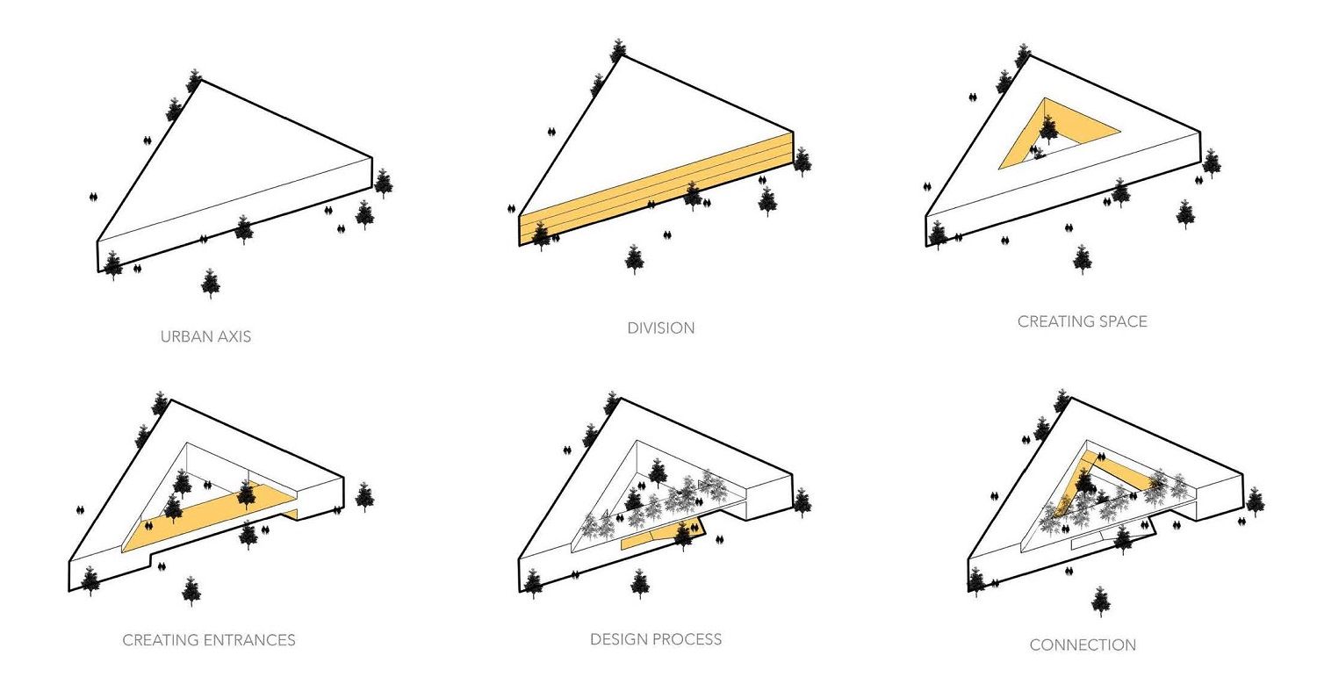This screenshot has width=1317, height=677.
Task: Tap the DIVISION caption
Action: click(x=661, y=328)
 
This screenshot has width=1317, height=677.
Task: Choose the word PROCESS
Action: click(x=686, y=639)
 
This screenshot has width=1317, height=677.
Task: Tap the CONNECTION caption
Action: click(x=1083, y=645)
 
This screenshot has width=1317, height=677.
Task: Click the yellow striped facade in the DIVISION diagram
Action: click(x=656, y=188)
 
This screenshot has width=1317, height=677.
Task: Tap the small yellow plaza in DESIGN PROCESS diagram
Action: click(x=661, y=537)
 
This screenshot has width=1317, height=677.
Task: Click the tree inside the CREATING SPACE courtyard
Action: click(x=1048, y=129)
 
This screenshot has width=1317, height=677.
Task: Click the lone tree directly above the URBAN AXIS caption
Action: click(x=211, y=284)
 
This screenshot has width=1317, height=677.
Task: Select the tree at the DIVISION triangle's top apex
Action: click(x=618, y=50)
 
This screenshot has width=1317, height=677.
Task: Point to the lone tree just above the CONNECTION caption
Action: click(x=1101, y=601)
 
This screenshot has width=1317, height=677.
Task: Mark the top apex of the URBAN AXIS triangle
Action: click(x=201, y=81)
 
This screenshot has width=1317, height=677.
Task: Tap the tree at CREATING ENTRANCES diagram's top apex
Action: click(x=160, y=403)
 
